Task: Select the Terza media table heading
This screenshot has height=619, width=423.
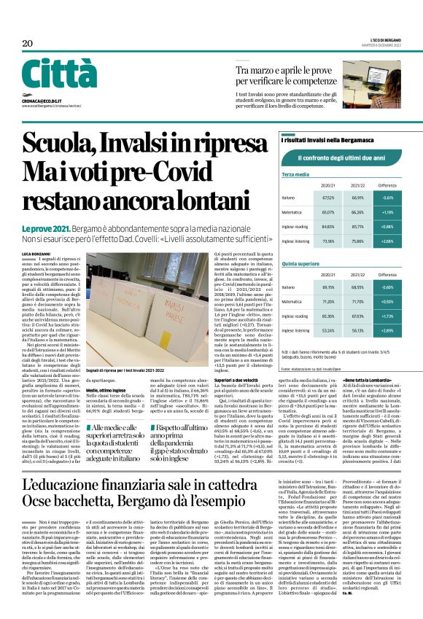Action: [295, 175]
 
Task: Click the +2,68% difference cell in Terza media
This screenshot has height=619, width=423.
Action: [388, 241]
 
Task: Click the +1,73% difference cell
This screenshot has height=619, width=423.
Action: [388, 316]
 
